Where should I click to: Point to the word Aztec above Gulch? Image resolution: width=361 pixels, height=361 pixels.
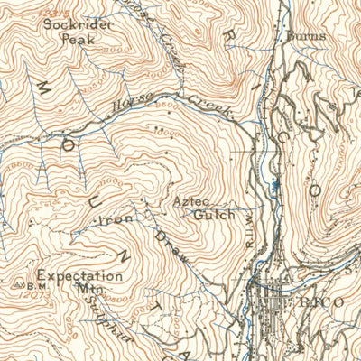tap(193, 203)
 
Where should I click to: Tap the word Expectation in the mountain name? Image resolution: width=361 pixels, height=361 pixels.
tap(80, 276)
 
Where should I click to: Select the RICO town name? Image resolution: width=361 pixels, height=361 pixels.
tap(325, 302)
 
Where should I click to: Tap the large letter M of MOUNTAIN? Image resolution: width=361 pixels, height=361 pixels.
tap(44, 87)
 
